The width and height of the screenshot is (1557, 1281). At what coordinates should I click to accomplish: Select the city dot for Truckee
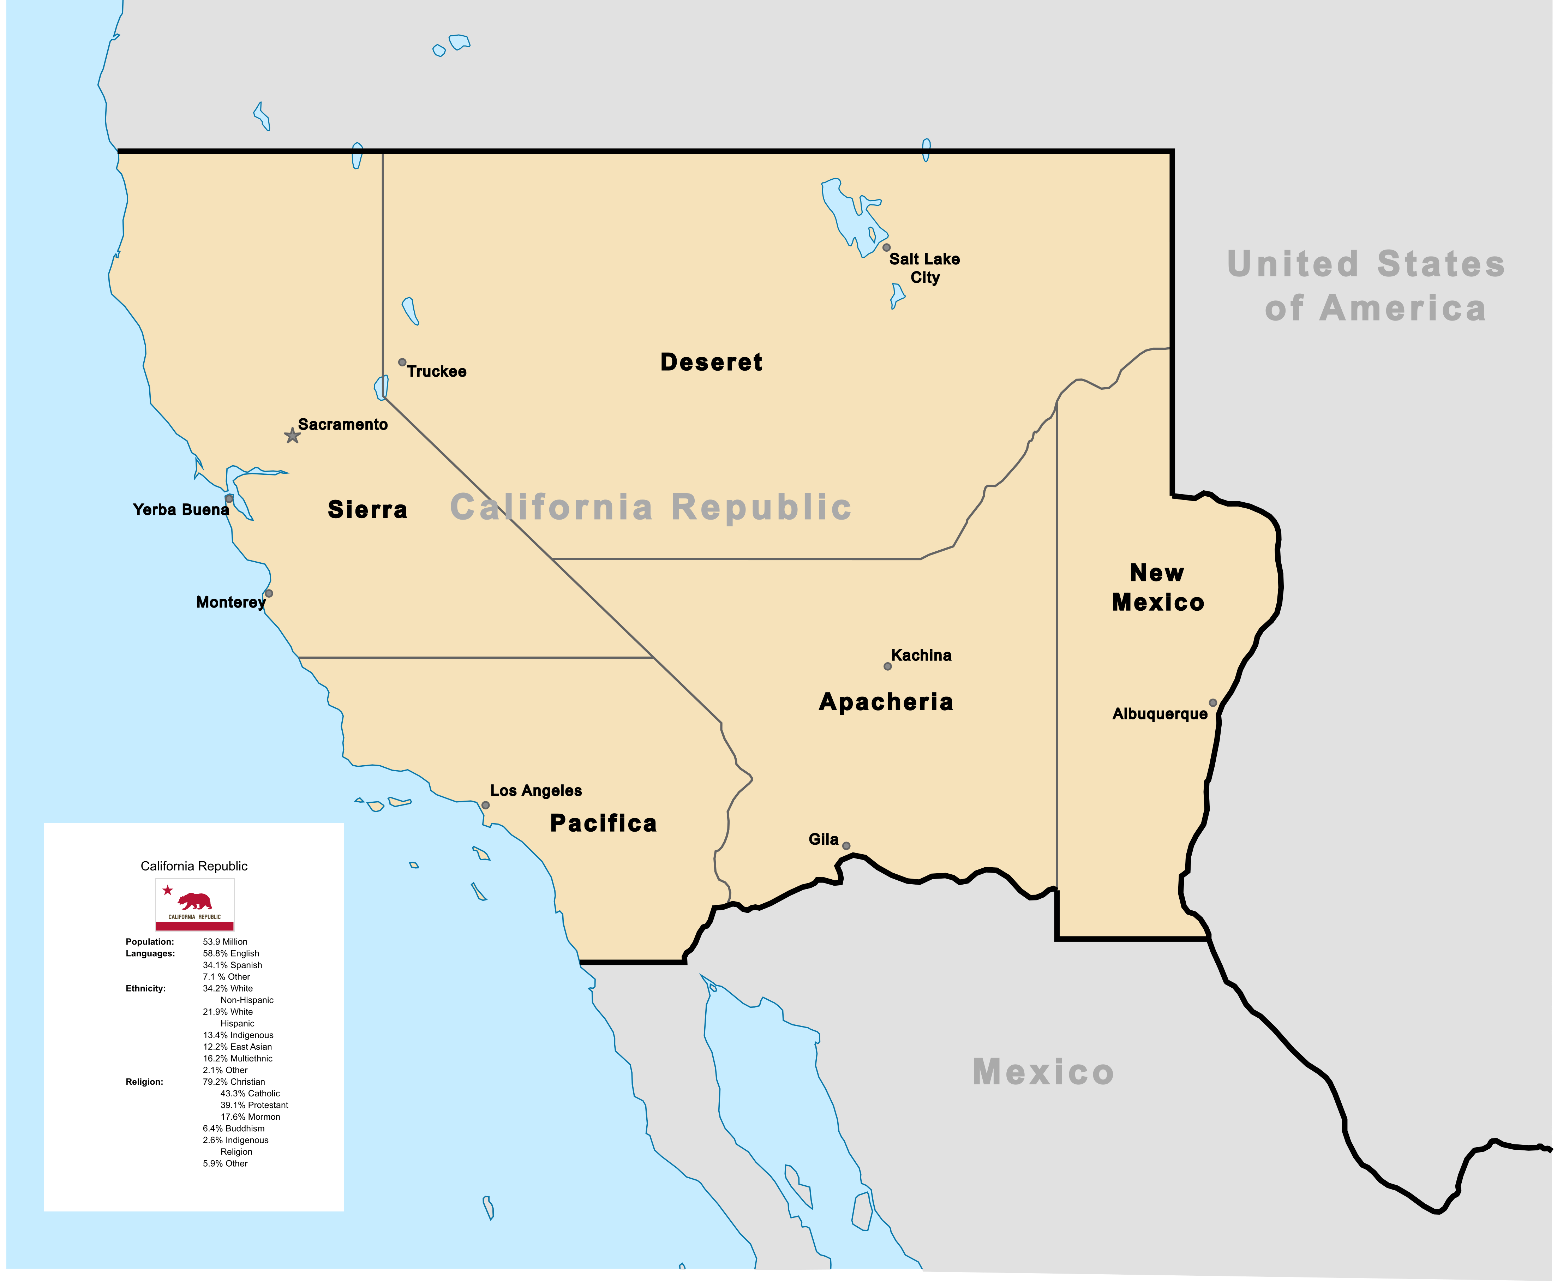[402, 362]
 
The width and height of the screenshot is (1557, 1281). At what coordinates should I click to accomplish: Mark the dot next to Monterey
[269, 593]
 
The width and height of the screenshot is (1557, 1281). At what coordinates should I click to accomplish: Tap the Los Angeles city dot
[486, 805]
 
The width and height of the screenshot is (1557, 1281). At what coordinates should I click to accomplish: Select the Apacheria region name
[886, 702]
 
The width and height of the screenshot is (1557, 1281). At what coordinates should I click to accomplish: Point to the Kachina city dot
[888, 666]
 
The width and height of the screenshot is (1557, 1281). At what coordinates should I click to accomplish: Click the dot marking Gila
[846, 846]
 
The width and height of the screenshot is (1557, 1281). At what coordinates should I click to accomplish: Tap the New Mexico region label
[1158, 587]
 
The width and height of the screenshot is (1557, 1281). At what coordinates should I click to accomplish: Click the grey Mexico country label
[1043, 1072]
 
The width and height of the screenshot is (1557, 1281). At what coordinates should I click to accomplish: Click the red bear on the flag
[196, 901]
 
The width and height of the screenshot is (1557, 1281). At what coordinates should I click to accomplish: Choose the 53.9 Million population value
[225, 941]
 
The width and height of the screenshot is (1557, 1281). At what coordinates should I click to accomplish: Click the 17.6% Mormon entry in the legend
[250, 1117]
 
